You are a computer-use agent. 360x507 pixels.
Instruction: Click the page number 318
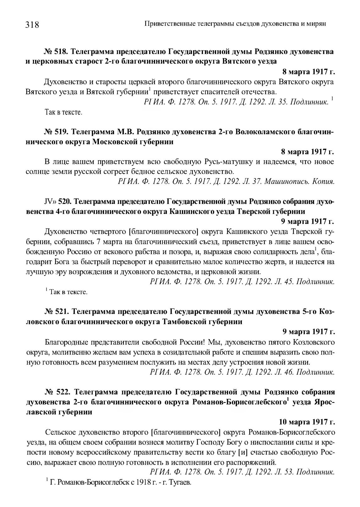[32, 24]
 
